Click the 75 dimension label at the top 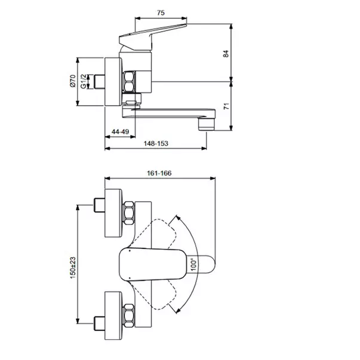161,13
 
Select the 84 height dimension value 226,54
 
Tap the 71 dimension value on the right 226,106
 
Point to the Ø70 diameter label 72,81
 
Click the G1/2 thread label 84,81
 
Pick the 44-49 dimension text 121,131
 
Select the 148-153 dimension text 156,143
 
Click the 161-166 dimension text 159,173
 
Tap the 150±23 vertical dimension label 73,268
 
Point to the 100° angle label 194,264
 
